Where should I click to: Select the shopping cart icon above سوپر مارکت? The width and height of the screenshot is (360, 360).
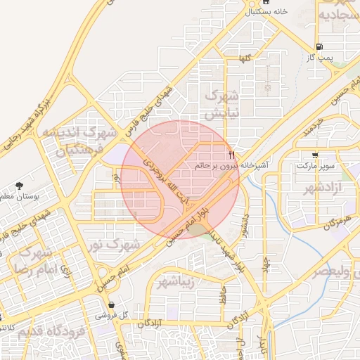pos(314,155)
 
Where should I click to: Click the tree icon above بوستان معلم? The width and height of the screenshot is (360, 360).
pos(18,186)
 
